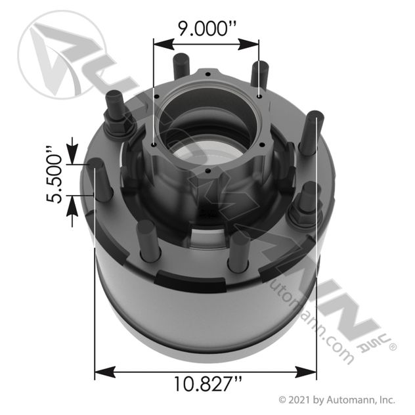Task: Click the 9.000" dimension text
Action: pyautogui.click(x=206, y=29)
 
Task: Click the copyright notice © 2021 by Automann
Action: pyautogui.click(x=336, y=399)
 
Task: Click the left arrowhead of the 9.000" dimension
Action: pyautogui.click(x=158, y=44)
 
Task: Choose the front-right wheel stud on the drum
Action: pyautogui.click(x=238, y=250)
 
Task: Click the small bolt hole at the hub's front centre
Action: pyautogui.click(x=207, y=172)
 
